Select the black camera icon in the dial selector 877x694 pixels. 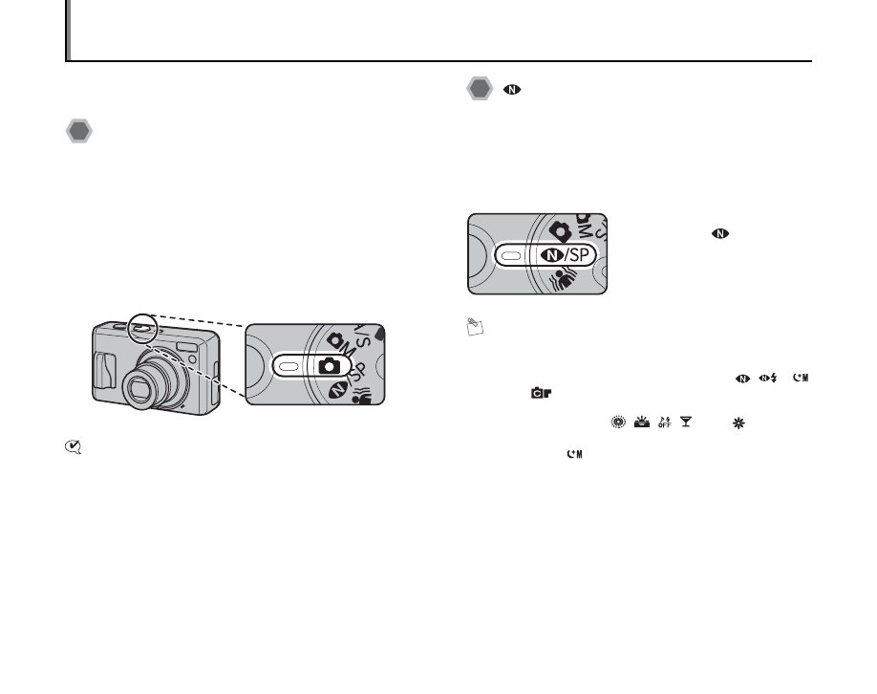click(327, 365)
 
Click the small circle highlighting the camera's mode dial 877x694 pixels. click(139, 327)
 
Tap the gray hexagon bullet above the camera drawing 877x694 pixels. click(78, 132)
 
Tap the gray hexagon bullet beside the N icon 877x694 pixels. click(481, 90)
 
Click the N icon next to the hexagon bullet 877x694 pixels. click(510, 90)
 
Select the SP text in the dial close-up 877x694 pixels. click(580, 254)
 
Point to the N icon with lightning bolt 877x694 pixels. click(767, 379)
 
